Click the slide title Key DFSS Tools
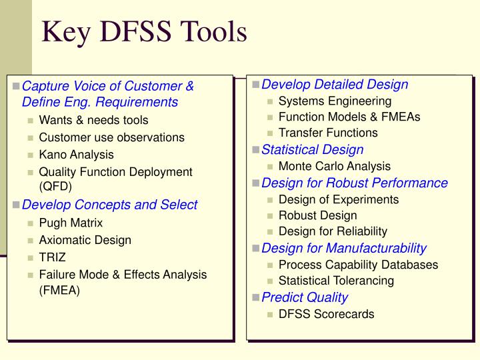pyautogui.click(x=145, y=31)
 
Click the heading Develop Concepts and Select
pyautogui.click(x=110, y=205)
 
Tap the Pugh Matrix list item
pyautogui.click(x=71, y=223)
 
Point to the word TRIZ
pyautogui.click(x=53, y=257)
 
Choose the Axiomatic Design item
pyautogui.click(x=85, y=240)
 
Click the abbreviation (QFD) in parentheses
pyautogui.click(x=55, y=187)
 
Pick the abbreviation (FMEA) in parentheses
pyautogui.click(x=59, y=291)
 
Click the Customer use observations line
pyautogui.click(x=111, y=137)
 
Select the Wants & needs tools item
pyautogui.click(x=93, y=120)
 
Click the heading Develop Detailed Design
pyautogui.click(x=335, y=84)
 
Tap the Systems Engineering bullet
pyautogui.click(x=335, y=101)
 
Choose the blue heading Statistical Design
pyautogui.click(x=312, y=149)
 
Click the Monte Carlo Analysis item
pyautogui.click(x=334, y=166)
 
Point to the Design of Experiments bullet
pyautogui.click(x=338, y=199)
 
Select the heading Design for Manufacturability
pyautogui.click(x=344, y=248)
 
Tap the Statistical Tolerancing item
pyautogui.click(x=336, y=281)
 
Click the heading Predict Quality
pyautogui.click(x=305, y=297)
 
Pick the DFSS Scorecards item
pyautogui.click(x=326, y=314)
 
